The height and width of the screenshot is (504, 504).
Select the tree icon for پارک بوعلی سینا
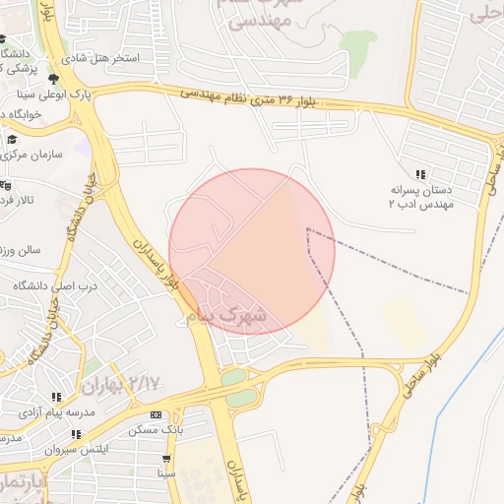(x=53, y=79)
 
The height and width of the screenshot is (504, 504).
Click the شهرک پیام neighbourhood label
(x=225, y=315)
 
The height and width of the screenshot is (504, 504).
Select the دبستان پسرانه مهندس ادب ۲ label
(x=421, y=198)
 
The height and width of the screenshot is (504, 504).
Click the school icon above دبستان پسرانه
(x=421, y=174)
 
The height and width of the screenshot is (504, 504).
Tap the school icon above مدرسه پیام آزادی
(x=56, y=397)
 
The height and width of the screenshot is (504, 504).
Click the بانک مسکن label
(x=156, y=430)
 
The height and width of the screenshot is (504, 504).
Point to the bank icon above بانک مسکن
(x=156, y=415)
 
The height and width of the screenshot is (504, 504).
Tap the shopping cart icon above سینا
(x=166, y=458)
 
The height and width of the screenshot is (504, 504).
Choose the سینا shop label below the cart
(x=166, y=472)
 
